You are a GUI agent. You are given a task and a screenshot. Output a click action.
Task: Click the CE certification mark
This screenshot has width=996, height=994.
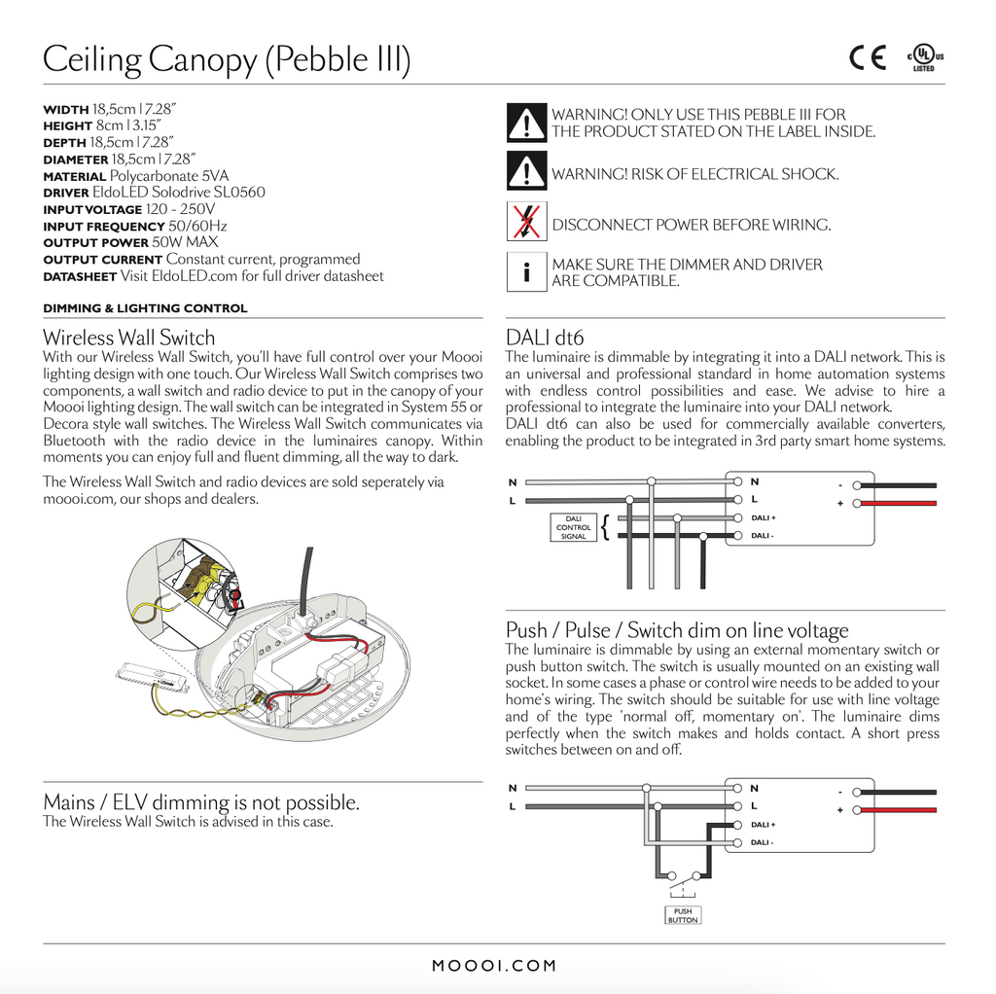(867, 59)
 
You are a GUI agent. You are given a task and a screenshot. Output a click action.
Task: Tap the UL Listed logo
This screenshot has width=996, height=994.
(925, 58)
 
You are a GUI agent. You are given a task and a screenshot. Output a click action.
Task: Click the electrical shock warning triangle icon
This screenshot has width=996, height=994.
(526, 172)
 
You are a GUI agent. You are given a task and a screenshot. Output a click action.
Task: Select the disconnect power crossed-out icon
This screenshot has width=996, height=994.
(526, 222)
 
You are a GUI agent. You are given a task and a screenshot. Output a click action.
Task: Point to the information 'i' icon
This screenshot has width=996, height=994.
(526, 271)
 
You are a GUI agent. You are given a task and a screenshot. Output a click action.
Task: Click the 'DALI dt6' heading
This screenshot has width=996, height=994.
(545, 337)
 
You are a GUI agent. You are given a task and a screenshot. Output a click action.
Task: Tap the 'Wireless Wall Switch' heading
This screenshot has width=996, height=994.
(129, 337)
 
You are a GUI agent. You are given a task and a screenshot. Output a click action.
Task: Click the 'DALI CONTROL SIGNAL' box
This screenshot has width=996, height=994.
(574, 527)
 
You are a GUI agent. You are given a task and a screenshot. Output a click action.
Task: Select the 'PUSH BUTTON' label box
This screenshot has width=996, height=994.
(683, 915)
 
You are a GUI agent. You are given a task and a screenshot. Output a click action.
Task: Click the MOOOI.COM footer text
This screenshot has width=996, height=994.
(494, 966)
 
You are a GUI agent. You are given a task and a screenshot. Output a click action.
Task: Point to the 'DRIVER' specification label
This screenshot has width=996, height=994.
(66, 194)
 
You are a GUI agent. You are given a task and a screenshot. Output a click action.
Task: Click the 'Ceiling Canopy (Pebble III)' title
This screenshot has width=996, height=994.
(227, 60)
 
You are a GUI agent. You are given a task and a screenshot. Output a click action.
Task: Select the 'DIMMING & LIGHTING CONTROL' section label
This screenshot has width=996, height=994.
(146, 308)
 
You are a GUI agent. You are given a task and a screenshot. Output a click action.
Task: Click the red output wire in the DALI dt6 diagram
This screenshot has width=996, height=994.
(900, 503)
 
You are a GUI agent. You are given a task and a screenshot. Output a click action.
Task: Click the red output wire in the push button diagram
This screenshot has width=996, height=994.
(900, 809)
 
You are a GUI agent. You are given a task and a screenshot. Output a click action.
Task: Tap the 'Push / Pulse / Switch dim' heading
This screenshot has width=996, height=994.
(677, 629)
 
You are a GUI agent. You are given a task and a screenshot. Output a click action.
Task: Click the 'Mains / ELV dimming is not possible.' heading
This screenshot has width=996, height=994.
(201, 802)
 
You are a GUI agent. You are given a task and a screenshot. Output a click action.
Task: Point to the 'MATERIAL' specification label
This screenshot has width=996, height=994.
(75, 177)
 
